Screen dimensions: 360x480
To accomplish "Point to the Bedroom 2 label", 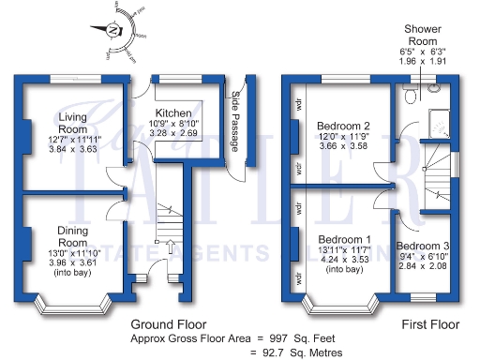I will pyautogui.click(x=343, y=126).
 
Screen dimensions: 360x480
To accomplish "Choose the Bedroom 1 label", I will pyautogui.click(x=344, y=239).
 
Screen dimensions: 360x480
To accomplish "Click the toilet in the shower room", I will pyautogui.click(x=409, y=95).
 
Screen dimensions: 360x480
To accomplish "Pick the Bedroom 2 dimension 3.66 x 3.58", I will pyautogui.click(x=343, y=147).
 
